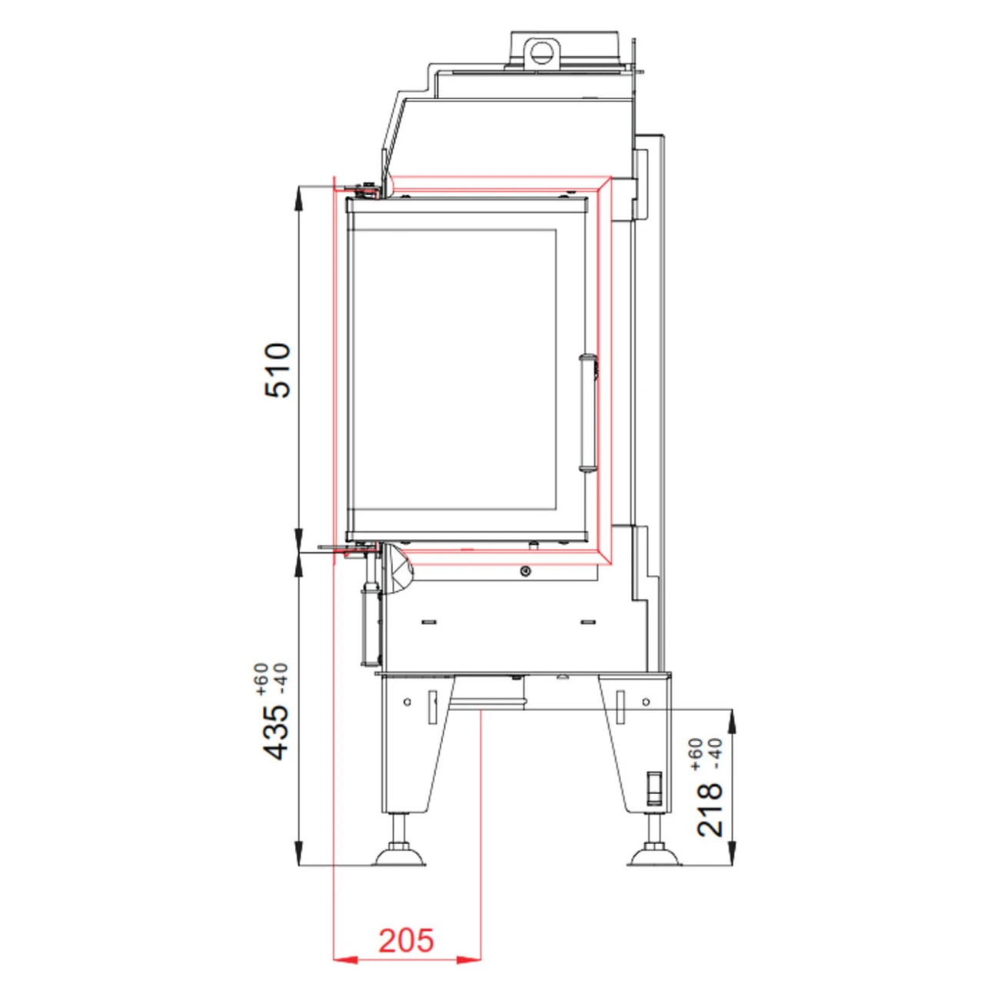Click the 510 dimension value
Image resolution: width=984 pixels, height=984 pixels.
click(278, 371)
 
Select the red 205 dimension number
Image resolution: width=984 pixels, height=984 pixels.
click(406, 940)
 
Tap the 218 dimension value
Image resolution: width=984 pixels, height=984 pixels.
click(710, 809)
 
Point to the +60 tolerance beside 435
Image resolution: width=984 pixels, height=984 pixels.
click(261, 679)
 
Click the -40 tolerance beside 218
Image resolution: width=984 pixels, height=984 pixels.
click(716, 753)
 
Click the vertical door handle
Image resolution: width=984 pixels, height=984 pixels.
click(588, 411)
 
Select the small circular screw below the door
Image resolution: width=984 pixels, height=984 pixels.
click(525, 571)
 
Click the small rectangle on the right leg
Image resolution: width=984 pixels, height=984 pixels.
click(654, 786)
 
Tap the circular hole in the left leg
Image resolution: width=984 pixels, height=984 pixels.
click(407, 702)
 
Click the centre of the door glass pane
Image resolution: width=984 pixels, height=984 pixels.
click(454, 370)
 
